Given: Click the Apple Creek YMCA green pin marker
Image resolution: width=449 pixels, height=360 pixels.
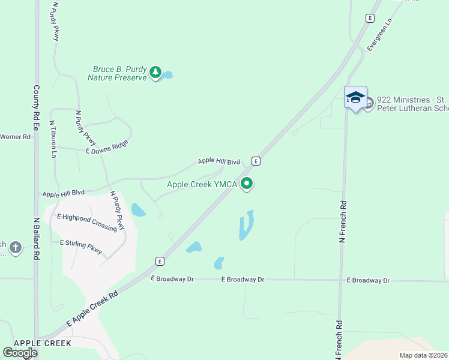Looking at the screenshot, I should pos(247,184).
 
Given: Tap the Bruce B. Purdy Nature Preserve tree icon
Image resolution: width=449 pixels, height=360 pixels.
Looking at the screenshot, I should pos(156,73).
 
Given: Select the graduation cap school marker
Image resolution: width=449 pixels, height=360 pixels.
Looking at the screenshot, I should pos(355,97).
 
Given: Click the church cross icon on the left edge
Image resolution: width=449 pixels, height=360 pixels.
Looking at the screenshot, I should pos(16,247).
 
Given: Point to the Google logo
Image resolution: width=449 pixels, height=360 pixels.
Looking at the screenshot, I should pos(20,353).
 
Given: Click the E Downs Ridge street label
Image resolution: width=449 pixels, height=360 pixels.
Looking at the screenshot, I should pos(107,148).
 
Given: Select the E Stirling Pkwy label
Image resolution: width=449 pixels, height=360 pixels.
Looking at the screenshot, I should pos(81,246).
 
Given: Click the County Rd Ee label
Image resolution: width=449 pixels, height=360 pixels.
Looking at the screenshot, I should pos(36,108).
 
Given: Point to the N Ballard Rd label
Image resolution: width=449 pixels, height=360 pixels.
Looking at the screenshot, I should pos(36,238).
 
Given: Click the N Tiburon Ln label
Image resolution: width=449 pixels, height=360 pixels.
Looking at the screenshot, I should pos(53,139).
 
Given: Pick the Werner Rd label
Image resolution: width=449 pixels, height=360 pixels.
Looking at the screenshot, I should pos(15,137).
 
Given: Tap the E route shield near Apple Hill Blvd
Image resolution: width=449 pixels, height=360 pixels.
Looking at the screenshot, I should pos(256,161).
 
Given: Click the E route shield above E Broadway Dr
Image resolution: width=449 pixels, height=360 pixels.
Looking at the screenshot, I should pos(160,261).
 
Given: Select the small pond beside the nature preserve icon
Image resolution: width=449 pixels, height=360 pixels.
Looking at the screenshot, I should pos(167,75).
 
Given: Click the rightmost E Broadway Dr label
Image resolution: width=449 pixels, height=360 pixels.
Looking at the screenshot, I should pos(368,280).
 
